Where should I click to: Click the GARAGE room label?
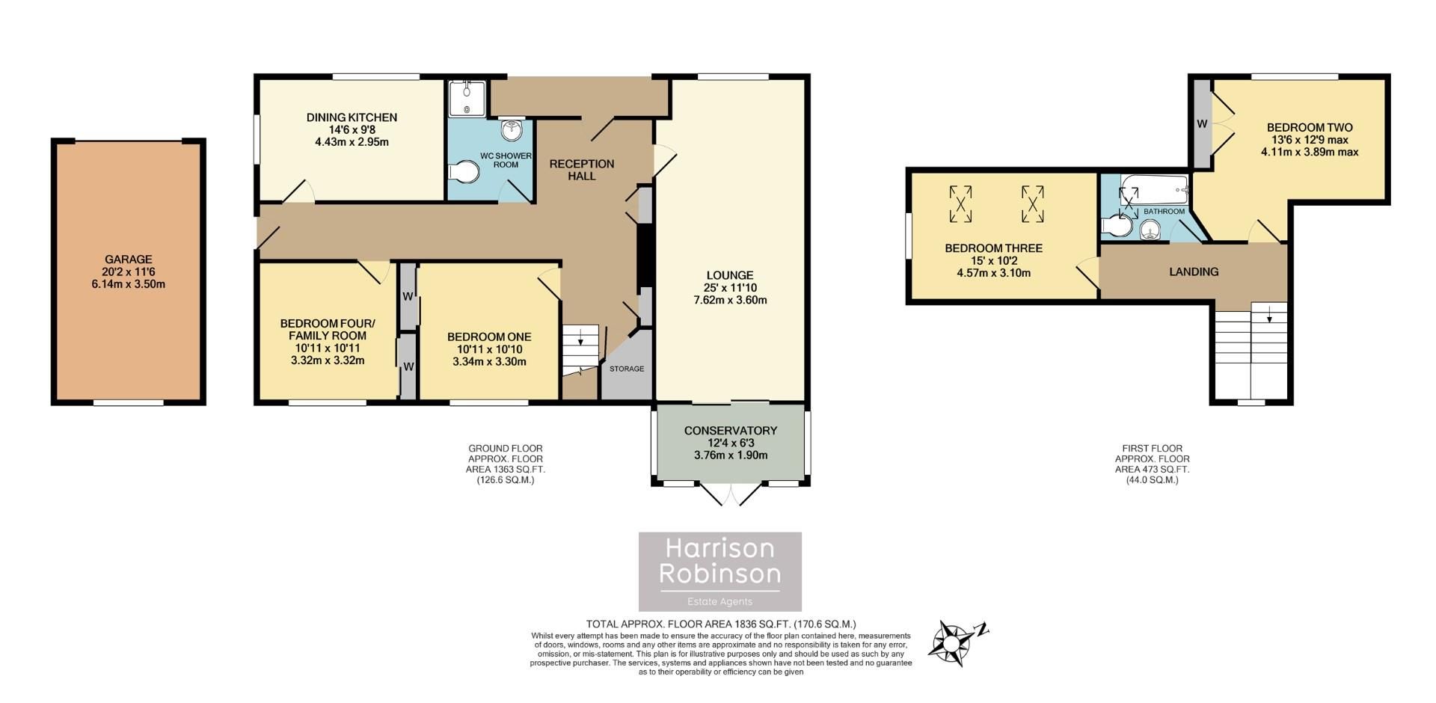[x=129, y=260]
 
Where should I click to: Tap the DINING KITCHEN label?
[x=352, y=117]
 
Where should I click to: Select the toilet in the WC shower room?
[x=464, y=173]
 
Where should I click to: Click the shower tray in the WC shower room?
[x=467, y=99]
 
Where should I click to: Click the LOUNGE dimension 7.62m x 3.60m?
[x=730, y=301]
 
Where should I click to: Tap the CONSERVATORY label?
[x=730, y=431]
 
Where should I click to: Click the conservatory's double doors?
[x=730, y=494]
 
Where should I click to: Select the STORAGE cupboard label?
[x=626, y=369]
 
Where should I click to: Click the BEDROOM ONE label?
[x=489, y=337]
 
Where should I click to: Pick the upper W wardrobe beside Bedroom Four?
[x=408, y=296]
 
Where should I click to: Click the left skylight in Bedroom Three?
[x=960, y=204]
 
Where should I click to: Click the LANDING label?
[x=1194, y=272]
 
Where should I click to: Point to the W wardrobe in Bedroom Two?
[x=1202, y=124]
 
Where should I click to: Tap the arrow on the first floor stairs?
[x=1268, y=317]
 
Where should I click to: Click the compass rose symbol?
[x=953, y=642]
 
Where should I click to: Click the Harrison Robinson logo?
[x=719, y=571]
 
